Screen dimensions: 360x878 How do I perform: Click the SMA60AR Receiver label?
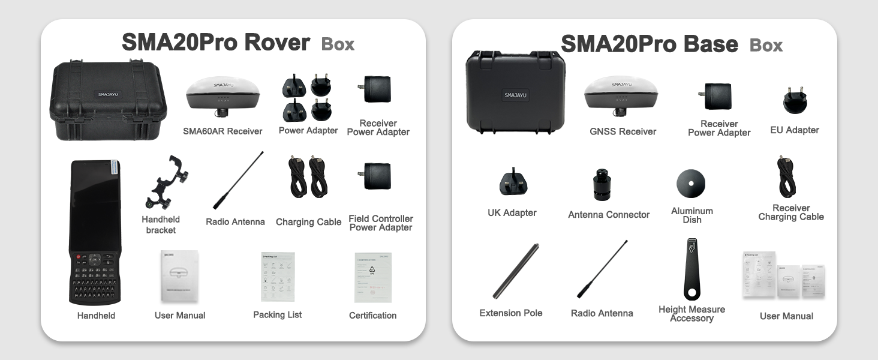(222, 131)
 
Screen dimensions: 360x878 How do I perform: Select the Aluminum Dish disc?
(691, 183)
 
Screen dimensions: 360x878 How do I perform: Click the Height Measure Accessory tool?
(691, 269)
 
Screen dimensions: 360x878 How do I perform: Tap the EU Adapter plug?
(795, 101)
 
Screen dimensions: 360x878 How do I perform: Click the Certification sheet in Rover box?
(372, 277)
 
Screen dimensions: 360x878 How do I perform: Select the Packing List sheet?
(278, 277)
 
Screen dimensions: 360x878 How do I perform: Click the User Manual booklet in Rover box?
(179, 276)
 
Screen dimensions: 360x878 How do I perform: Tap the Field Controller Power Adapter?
(377, 176)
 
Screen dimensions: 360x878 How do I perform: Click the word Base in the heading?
(708, 44)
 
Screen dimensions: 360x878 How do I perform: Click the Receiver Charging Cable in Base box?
(789, 178)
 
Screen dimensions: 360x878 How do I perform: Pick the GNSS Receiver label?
(623, 131)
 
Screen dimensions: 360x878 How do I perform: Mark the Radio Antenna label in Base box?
(602, 313)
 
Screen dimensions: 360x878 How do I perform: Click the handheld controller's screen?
(95, 204)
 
